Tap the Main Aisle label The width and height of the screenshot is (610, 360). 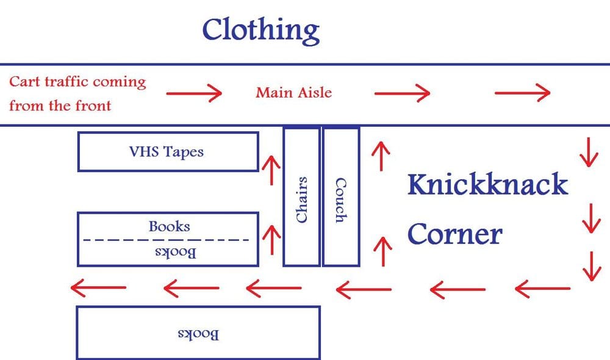click(294, 93)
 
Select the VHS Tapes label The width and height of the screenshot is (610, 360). click(167, 151)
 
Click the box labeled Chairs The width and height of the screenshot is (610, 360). click(301, 197)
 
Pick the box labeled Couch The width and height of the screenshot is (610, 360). click(340, 197)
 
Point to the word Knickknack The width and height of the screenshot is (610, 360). click(487, 184)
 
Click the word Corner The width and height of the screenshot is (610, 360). click(454, 234)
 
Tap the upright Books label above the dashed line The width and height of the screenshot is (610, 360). click(169, 226)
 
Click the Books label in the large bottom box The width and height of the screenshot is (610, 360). click(198, 334)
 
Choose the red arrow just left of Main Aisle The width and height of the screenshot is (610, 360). click(194, 94)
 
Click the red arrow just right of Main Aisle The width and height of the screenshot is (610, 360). click(402, 93)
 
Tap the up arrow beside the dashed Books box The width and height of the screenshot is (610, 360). click(270, 240)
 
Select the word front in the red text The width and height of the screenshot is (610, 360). click(92, 106)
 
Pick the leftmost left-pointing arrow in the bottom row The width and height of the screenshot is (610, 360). click(98, 286)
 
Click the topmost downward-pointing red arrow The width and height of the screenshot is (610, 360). click(588, 153)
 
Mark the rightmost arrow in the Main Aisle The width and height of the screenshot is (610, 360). click(522, 93)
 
